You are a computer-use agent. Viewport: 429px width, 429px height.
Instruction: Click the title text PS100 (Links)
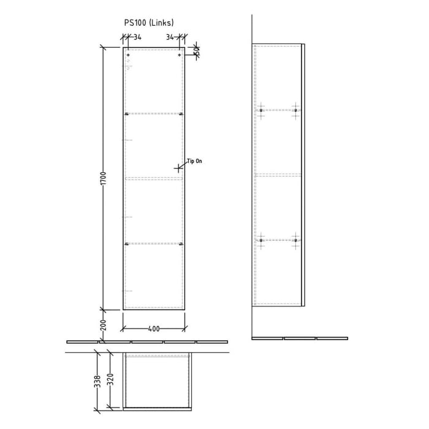point(149,23)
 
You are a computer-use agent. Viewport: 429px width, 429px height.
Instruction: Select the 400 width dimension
point(154,329)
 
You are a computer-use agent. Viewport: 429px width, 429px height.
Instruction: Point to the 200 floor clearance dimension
point(104,324)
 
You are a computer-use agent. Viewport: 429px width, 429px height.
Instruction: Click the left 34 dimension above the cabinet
point(137,37)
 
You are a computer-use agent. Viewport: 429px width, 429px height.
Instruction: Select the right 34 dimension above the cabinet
point(170,37)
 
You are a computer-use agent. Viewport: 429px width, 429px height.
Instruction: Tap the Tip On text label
point(194,161)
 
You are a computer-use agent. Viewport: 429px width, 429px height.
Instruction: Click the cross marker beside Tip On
point(178,167)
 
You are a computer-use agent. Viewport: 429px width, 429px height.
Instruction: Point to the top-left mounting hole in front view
point(128,56)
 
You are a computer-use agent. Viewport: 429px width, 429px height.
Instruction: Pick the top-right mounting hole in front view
point(180,56)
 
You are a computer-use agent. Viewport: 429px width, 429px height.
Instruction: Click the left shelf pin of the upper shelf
point(127,114)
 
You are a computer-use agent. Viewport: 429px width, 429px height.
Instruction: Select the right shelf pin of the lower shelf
point(181,245)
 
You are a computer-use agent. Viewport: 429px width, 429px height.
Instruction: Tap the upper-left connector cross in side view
point(261,110)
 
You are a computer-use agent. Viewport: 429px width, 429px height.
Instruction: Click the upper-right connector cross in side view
point(295,110)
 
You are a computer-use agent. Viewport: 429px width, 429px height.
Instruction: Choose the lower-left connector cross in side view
point(261,240)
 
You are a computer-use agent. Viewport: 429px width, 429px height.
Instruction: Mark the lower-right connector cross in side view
point(295,240)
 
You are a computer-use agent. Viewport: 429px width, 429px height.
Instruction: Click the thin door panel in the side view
point(303,175)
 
